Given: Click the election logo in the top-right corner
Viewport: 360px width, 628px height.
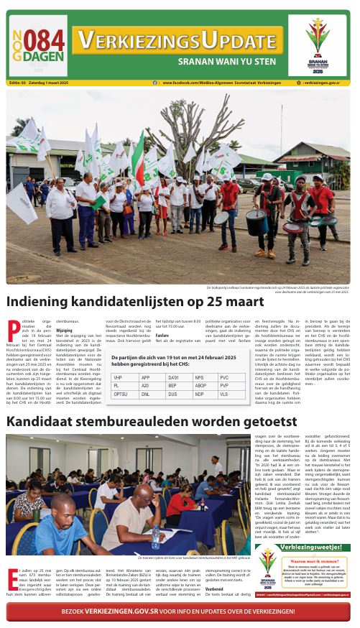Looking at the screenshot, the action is point(320,44).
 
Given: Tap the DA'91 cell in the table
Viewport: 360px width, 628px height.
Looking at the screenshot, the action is point(173,377).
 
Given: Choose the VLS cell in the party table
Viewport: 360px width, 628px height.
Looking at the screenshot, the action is point(223,394).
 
